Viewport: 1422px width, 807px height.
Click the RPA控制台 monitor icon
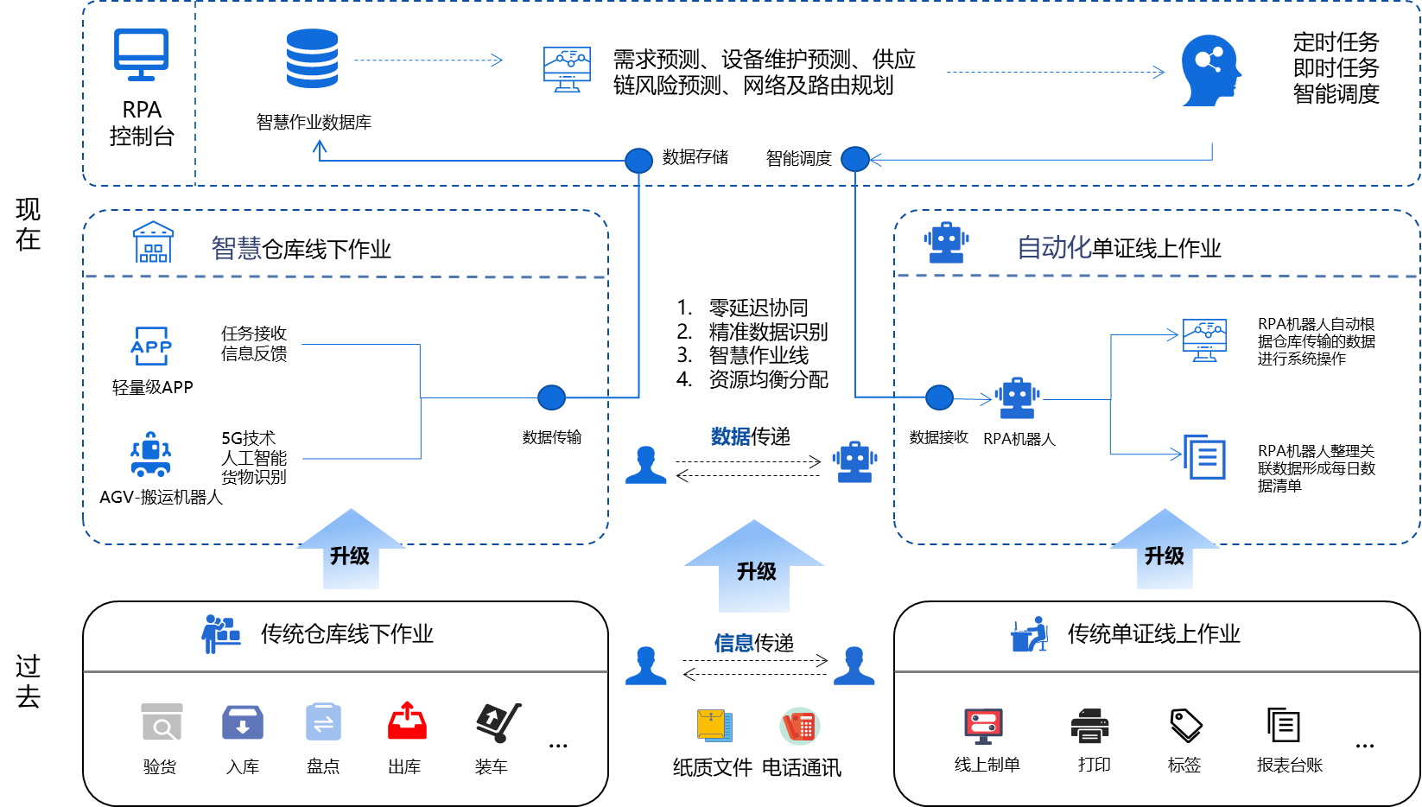tap(141, 54)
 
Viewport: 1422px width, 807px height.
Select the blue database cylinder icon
tap(312, 59)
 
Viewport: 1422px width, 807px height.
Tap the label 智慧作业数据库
tap(314, 123)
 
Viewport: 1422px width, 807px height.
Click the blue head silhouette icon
tap(1210, 71)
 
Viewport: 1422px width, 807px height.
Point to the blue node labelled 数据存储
tap(638, 160)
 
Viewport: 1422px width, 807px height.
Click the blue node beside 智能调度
tap(854, 159)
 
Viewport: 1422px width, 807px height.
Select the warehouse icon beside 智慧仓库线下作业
tap(153, 242)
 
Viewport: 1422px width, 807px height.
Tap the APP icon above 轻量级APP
tap(151, 346)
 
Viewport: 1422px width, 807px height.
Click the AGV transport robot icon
tap(150, 454)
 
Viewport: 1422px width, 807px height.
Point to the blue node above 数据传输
tap(551, 397)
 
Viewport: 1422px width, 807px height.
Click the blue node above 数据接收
tap(939, 397)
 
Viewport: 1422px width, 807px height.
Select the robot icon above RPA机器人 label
tap(1018, 398)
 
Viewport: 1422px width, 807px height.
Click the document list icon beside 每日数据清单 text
tap(1204, 456)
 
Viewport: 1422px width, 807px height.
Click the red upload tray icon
tap(407, 721)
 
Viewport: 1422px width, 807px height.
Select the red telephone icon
tap(800, 726)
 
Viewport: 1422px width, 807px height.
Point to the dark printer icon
tap(1090, 726)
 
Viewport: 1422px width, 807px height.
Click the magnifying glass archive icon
tap(162, 722)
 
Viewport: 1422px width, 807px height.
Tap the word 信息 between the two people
tap(733, 643)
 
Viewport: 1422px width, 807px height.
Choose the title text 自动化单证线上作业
tap(1119, 249)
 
